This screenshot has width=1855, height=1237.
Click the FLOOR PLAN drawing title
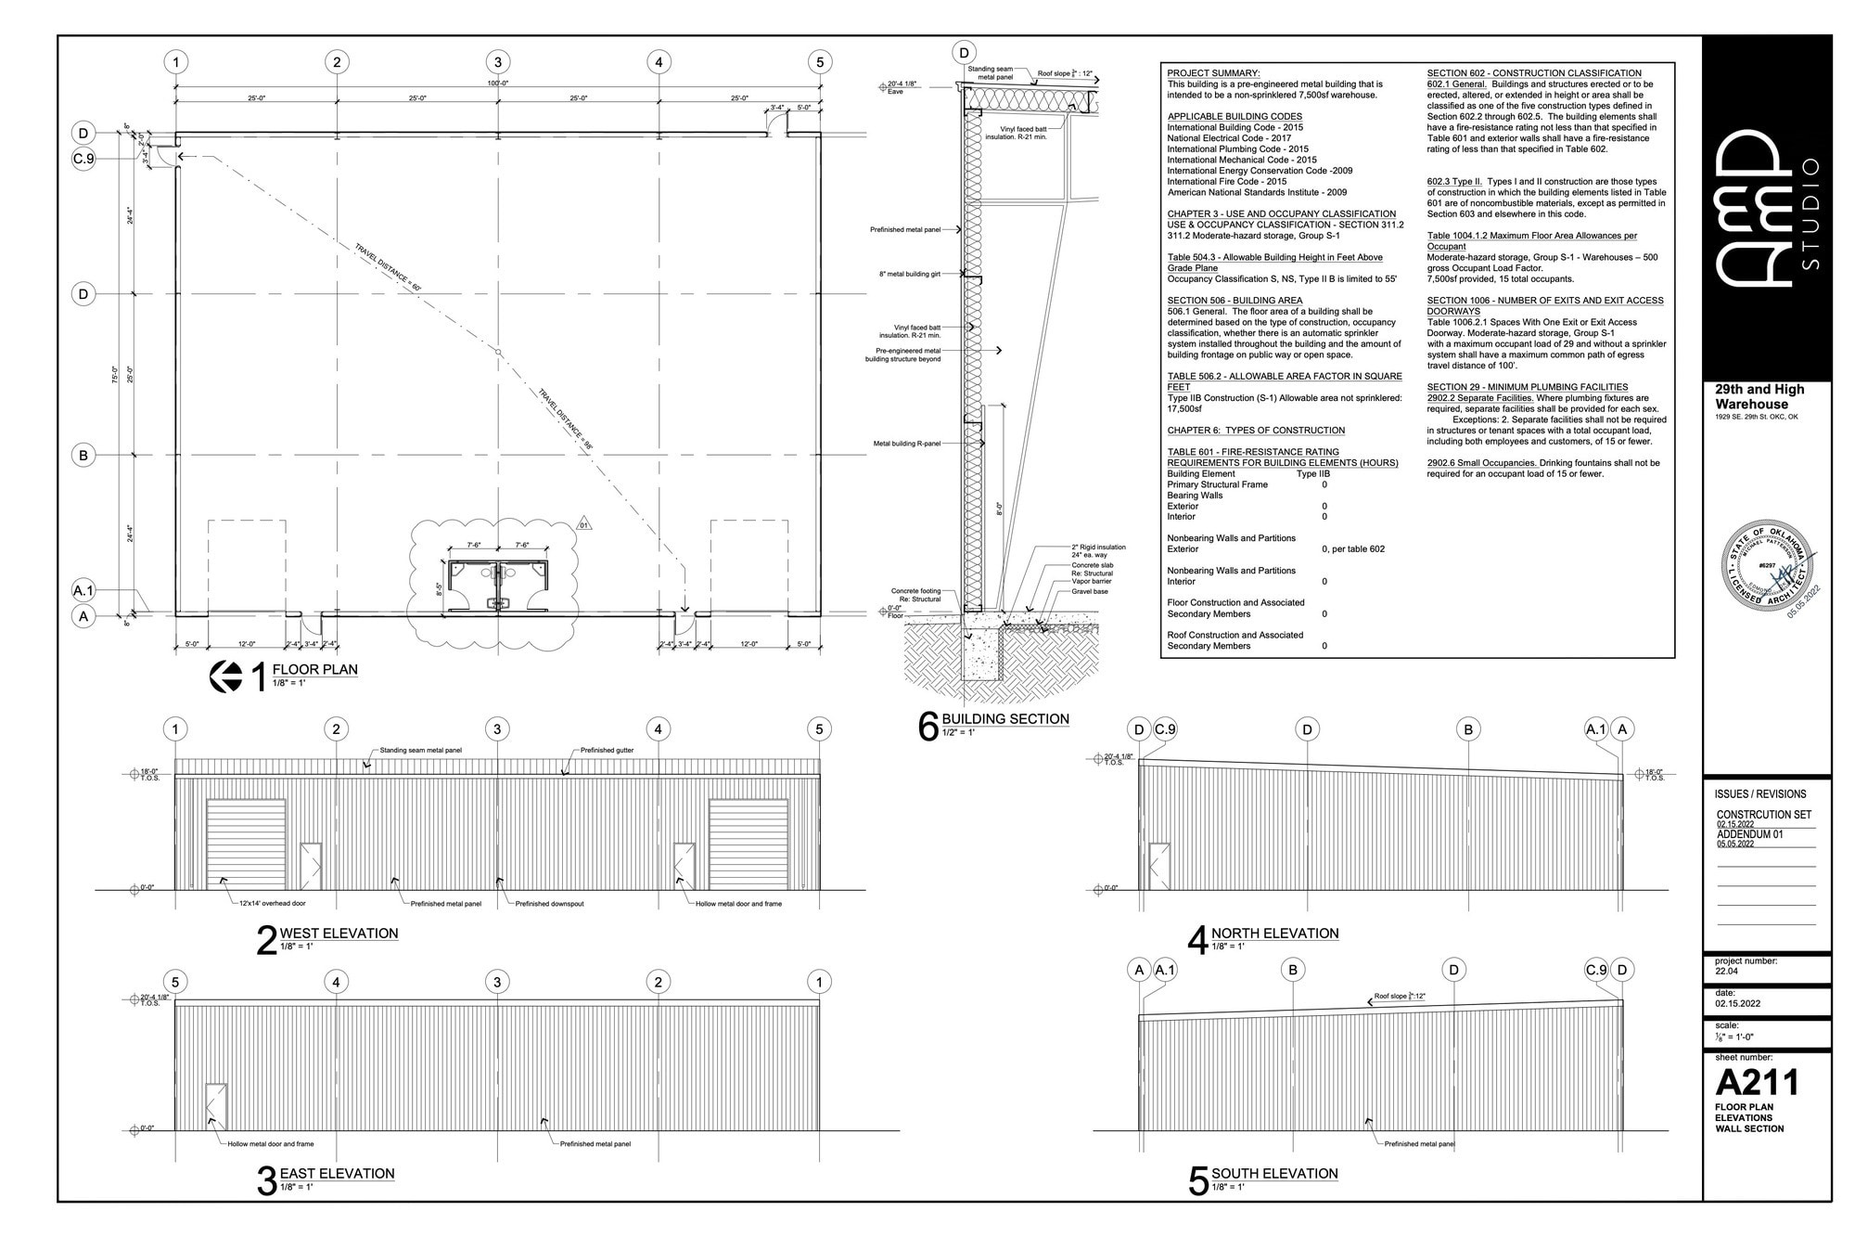tap(314, 669)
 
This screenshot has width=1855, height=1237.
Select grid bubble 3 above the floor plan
tap(497, 62)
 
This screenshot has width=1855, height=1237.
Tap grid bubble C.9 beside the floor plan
tap(83, 159)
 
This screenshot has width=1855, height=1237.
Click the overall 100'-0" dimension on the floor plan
tap(498, 84)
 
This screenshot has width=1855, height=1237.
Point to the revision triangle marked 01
tap(584, 525)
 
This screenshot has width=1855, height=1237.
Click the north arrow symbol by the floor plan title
tap(226, 676)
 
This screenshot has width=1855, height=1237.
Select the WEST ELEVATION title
tap(339, 934)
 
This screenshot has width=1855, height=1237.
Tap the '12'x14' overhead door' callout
tap(272, 903)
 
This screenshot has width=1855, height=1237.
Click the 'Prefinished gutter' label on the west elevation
tap(607, 750)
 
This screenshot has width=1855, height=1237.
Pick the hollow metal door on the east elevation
tap(215, 1106)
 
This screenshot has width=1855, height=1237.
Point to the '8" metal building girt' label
tap(909, 275)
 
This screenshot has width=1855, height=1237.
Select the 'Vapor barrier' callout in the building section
tap(1091, 581)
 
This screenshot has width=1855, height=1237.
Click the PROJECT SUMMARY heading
tap(1213, 73)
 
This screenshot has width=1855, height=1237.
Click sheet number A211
tap(1757, 1082)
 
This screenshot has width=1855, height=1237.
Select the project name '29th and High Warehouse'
tap(1759, 396)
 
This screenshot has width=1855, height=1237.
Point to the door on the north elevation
tap(1159, 866)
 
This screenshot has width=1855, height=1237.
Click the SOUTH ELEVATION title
tap(1273, 1174)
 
